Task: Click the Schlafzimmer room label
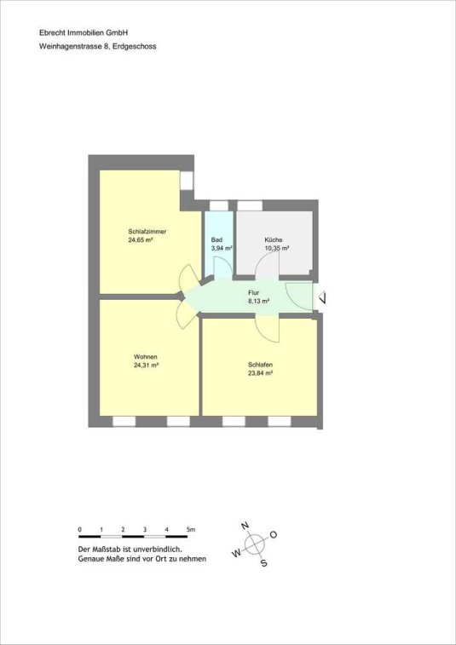coord(147,231)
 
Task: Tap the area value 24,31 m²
coord(146,365)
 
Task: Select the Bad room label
coord(216,239)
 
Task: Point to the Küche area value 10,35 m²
coord(276,248)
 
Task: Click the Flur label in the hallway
coord(253,293)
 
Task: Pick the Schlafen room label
coord(261,365)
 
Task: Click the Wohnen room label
coord(145,357)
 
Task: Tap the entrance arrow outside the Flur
coord(324,297)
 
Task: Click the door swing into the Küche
coord(267,263)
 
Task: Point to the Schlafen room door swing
coord(268,330)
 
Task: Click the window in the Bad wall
coord(219,205)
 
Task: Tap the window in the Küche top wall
coord(250,205)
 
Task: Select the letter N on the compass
coord(245,526)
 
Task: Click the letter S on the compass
coord(264,563)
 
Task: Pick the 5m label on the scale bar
coord(191,530)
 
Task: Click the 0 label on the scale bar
coord(79,530)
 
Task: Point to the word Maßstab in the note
coord(105,550)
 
